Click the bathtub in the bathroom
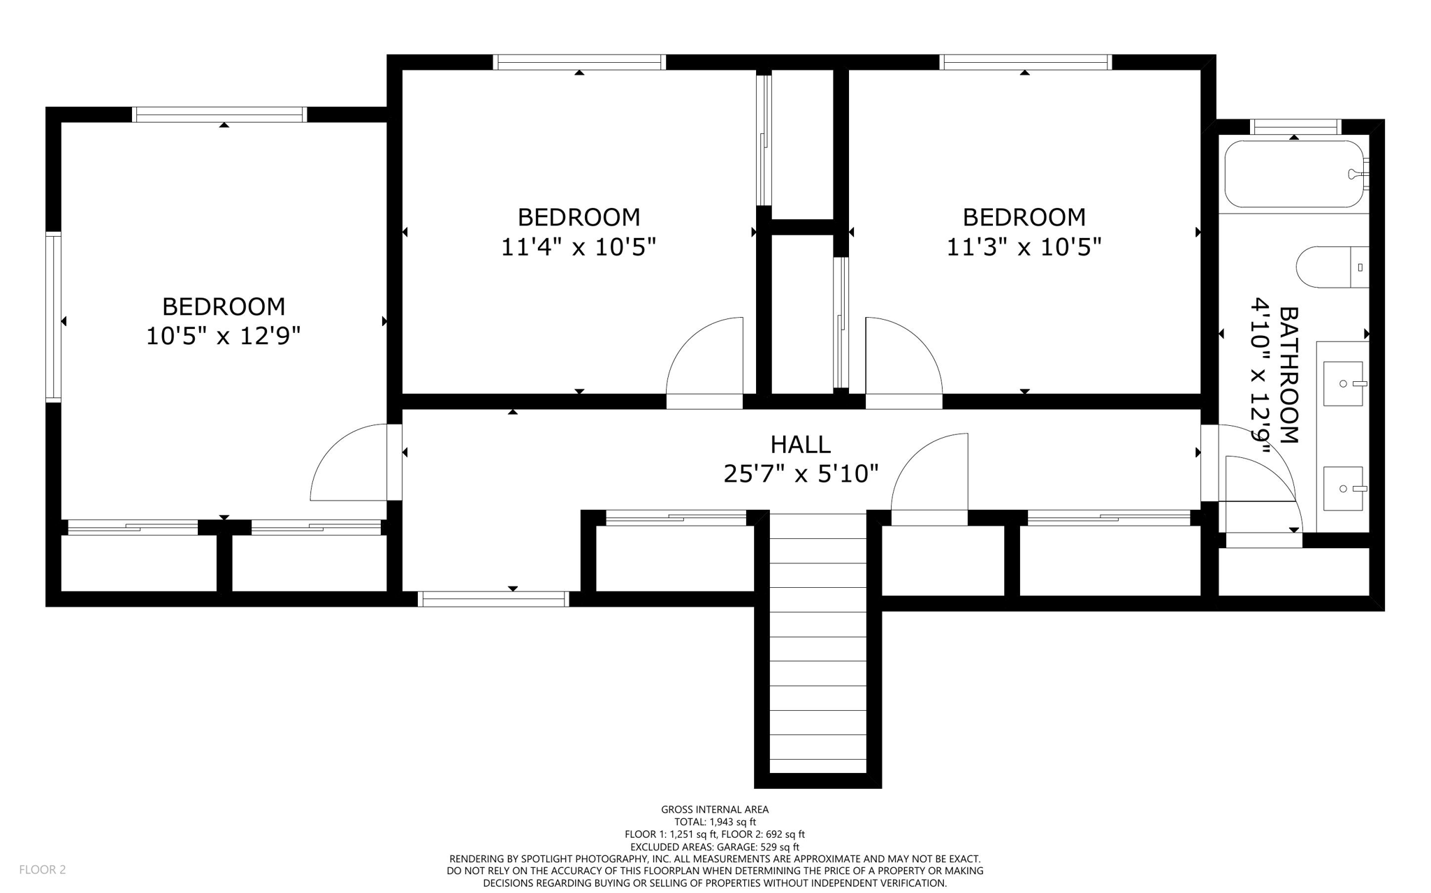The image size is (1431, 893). tap(1293, 174)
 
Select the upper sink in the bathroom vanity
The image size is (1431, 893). tap(1342, 383)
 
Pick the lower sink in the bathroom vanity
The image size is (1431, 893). tap(1342, 488)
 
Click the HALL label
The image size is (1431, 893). tap(800, 444)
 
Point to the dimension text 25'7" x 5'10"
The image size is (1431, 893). tap(800, 474)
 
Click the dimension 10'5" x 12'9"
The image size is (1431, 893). tap(223, 336)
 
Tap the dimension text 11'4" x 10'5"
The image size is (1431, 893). tap(579, 247)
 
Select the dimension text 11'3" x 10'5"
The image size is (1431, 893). tap(1024, 247)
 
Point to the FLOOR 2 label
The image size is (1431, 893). tap(42, 869)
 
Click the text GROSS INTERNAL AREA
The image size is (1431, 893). tap(715, 809)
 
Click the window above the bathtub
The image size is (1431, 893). tap(1295, 127)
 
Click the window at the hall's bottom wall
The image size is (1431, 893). tap(493, 598)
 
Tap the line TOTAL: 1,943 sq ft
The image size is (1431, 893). tap(715, 822)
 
